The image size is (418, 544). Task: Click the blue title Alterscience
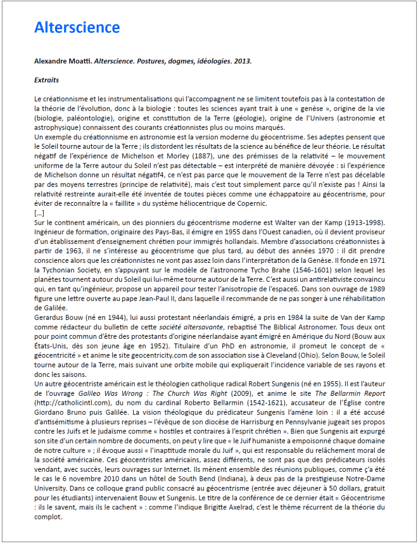(77, 27)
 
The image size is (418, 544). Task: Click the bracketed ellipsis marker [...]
(39, 213)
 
